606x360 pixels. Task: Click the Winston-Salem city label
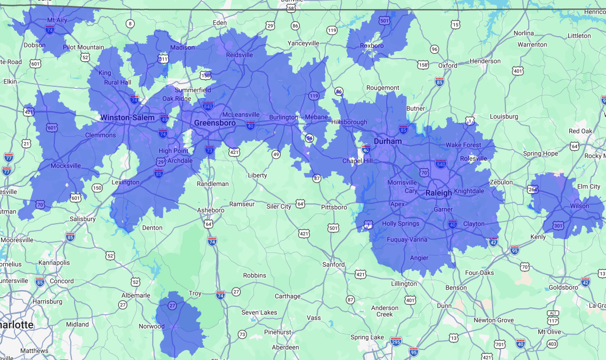pyautogui.click(x=127, y=118)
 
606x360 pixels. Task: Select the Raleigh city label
pyautogui.click(x=439, y=193)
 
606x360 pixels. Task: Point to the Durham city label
pyautogui.click(x=388, y=142)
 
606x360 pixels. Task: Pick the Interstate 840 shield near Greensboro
pyautogui.click(x=208, y=106)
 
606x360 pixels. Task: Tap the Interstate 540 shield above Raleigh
pyautogui.click(x=440, y=163)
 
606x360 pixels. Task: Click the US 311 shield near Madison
pyautogui.click(x=163, y=59)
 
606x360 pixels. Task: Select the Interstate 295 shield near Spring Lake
pyautogui.click(x=396, y=341)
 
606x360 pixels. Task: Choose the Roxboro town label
pyautogui.click(x=372, y=46)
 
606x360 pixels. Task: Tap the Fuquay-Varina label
pyautogui.click(x=407, y=240)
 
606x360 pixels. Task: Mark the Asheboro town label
pyautogui.click(x=210, y=210)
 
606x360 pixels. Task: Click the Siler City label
pyautogui.click(x=279, y=207)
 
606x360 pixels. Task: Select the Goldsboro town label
pyautogui.click(x=563, y=288)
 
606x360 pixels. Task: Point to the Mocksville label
pyautogui.click(x=65, y=166)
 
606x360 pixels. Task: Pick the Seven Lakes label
pyautogui.click(x=259, y=313)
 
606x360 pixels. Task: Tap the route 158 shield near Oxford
pyautogui.click(x=423, y=65)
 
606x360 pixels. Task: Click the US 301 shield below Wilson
pyautogui.click(x=558, y=226)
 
